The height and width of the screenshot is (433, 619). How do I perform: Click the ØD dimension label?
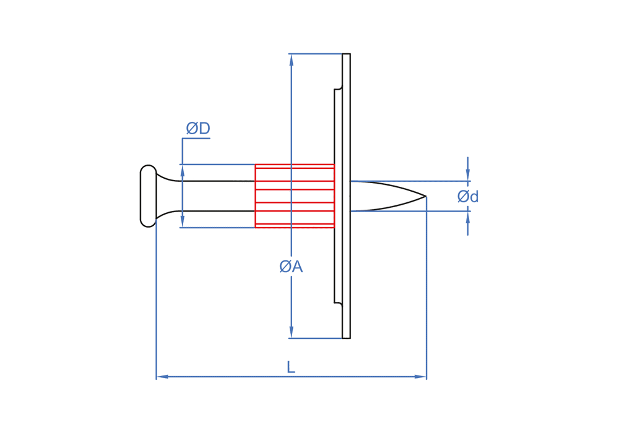tap(198, 129)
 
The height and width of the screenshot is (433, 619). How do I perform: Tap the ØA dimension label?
tap(290, 267)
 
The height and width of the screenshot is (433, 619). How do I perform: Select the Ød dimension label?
tap(468, 197)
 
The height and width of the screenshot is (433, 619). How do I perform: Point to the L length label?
tap(290, 367)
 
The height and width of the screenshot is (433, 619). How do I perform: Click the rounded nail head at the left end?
tap(148, 196)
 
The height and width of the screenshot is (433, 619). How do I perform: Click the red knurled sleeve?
tap(295, 196)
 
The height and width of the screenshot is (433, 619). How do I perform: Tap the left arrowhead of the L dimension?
tap(163, 377)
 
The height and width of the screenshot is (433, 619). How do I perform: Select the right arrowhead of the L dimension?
tap(420, 377)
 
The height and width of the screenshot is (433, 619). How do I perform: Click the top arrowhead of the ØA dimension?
tap(291, 60)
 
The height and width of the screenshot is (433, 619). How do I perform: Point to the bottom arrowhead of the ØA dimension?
tap(291, 332)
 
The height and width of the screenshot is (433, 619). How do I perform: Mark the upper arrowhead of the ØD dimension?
tap(183, 171)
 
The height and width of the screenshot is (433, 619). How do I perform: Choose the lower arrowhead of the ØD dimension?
tap(183, 221)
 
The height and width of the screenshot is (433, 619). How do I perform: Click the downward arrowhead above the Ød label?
tap(468, 175)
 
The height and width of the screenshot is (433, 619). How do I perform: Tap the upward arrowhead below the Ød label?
tap(468, 217)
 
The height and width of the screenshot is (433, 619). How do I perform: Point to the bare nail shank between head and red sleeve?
tap(217, 196)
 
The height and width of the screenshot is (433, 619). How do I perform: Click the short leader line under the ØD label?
tap(196, 139)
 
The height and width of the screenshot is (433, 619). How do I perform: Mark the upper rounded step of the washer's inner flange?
tap(339, 88)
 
